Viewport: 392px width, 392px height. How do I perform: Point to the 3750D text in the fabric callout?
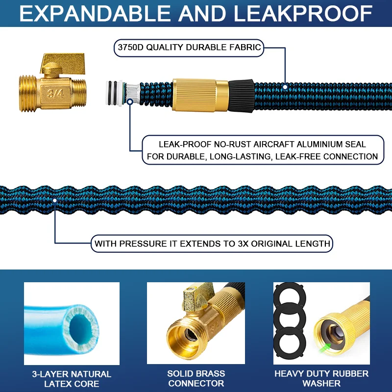click(x=131, y=48)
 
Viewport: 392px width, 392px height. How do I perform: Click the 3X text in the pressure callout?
click(x=238, y=243)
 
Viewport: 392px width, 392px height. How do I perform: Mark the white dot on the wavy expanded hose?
click(x=54, y=200)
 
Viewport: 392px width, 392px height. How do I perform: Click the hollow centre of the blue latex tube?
click(x=79, y=327)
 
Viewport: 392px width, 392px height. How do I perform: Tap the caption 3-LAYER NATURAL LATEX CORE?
click(x=72, y=379)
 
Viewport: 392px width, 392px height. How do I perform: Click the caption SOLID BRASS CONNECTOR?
click(x=196, y=379)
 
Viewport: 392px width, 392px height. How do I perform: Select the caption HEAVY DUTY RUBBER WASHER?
click(x=321, y=379)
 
